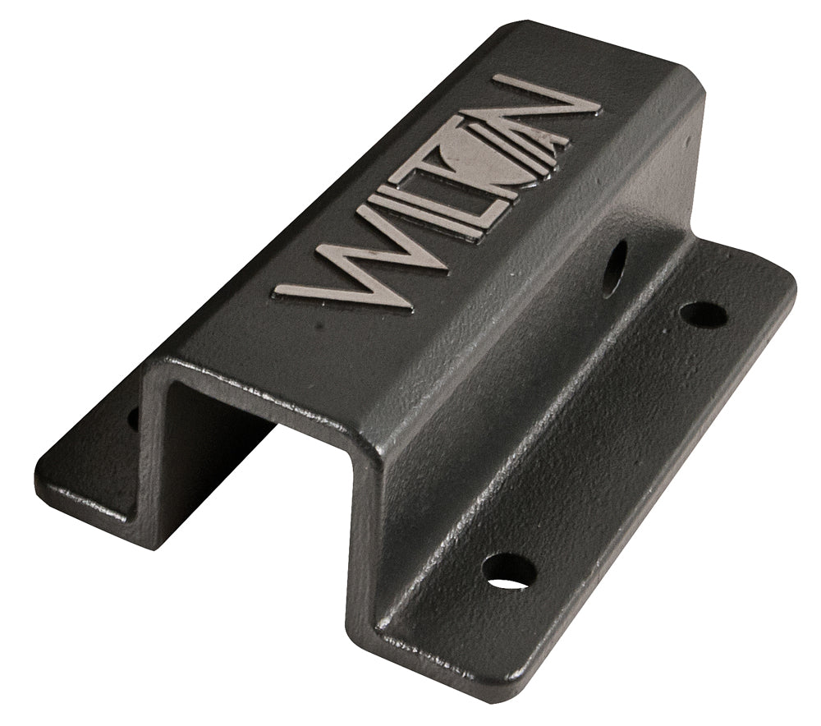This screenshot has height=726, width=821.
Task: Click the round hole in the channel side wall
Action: point(614,268)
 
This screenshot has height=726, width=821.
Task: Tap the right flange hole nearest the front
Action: point(509,570)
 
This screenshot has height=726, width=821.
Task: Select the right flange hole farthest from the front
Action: point(704,314)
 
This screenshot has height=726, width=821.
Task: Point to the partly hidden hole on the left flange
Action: point(133,418)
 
